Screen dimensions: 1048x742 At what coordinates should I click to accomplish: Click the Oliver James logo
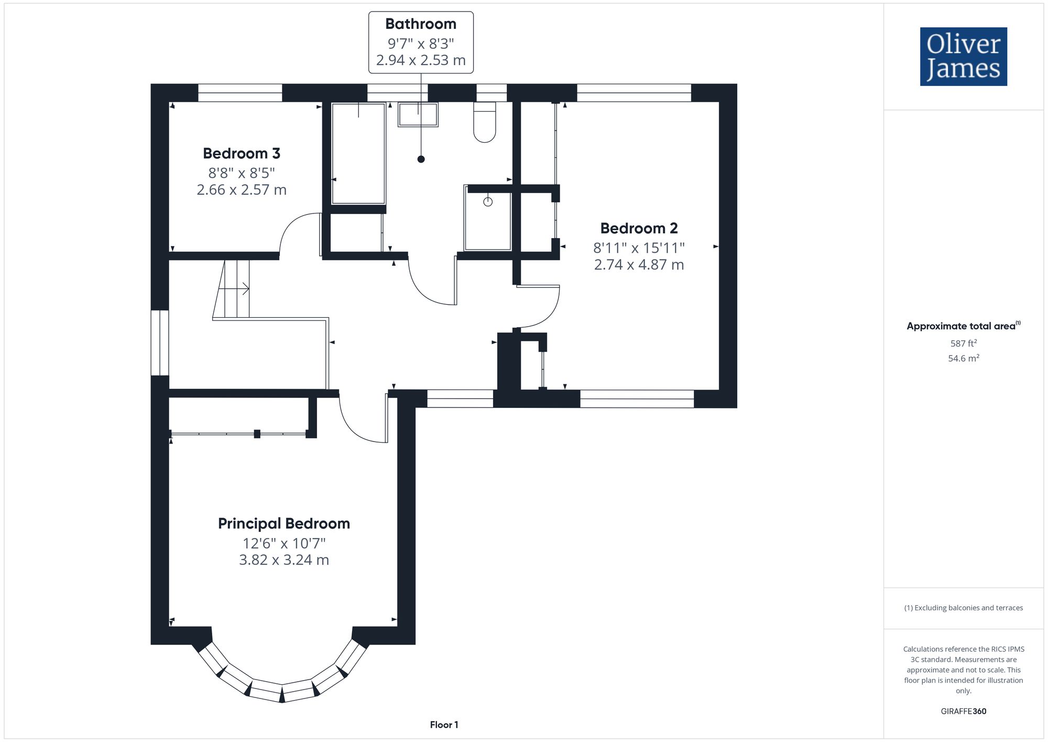(964, 57)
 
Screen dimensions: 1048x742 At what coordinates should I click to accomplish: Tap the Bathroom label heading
(421, 24)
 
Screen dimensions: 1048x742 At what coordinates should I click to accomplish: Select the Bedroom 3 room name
(242, 154)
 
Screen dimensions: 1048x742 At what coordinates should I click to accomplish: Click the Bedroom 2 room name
(639, 229)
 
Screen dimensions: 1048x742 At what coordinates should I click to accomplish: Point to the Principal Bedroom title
(284, 524)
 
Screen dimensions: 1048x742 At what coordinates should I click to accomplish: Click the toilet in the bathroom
(485, 122)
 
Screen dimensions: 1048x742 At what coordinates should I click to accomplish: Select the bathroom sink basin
(418, 115)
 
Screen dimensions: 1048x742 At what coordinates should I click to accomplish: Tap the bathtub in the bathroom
(358, 153)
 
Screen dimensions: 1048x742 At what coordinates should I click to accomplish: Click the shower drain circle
(488, 202)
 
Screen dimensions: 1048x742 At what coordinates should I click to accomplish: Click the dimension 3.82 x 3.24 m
(284, 560)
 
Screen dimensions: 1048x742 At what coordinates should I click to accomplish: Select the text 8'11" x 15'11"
(639, 248)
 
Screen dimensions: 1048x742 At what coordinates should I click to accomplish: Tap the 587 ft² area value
(964, 343)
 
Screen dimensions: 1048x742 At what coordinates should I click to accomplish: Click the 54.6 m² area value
(964, 359)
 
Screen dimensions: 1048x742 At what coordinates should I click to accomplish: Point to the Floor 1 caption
(444, 725)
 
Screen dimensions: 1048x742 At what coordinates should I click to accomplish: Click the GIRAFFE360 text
(964, 712)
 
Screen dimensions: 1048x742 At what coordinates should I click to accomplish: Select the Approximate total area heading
(964, 326)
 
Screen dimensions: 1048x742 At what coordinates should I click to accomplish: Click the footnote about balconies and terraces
(964, 608)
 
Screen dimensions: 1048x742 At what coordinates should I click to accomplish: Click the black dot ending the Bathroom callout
(421, 159)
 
